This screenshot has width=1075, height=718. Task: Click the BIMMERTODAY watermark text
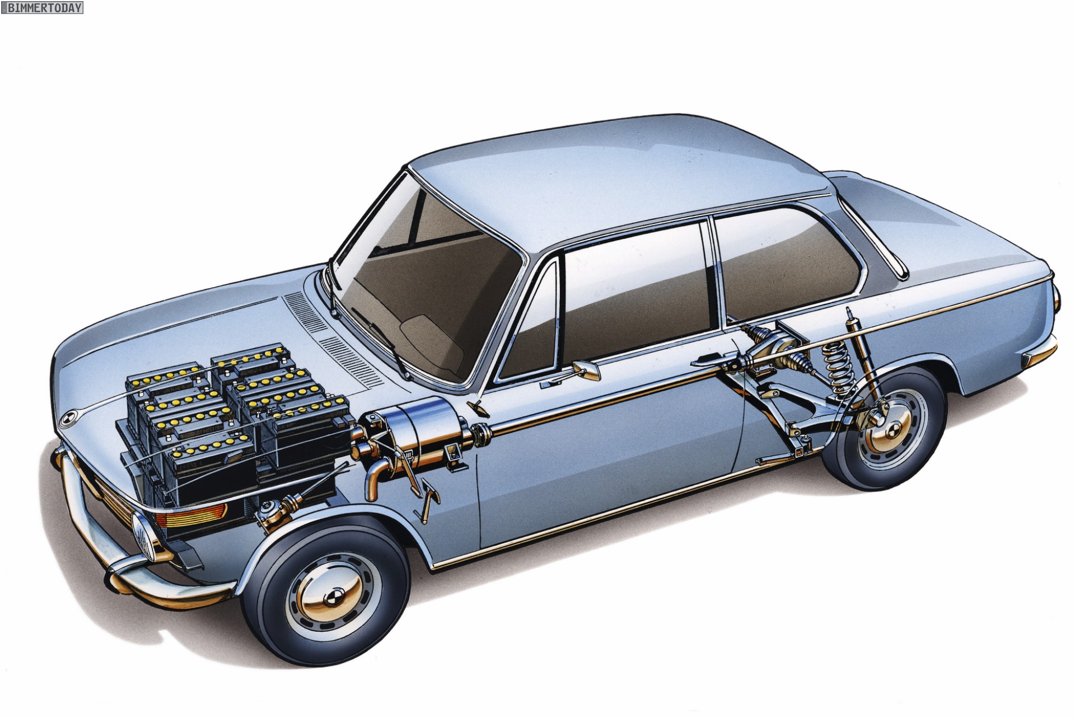(43, 8)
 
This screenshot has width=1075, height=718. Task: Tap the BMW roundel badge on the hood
(66, 418)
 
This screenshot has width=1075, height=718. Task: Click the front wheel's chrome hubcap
(328, 594)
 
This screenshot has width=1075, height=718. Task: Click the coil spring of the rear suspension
(838, 368)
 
